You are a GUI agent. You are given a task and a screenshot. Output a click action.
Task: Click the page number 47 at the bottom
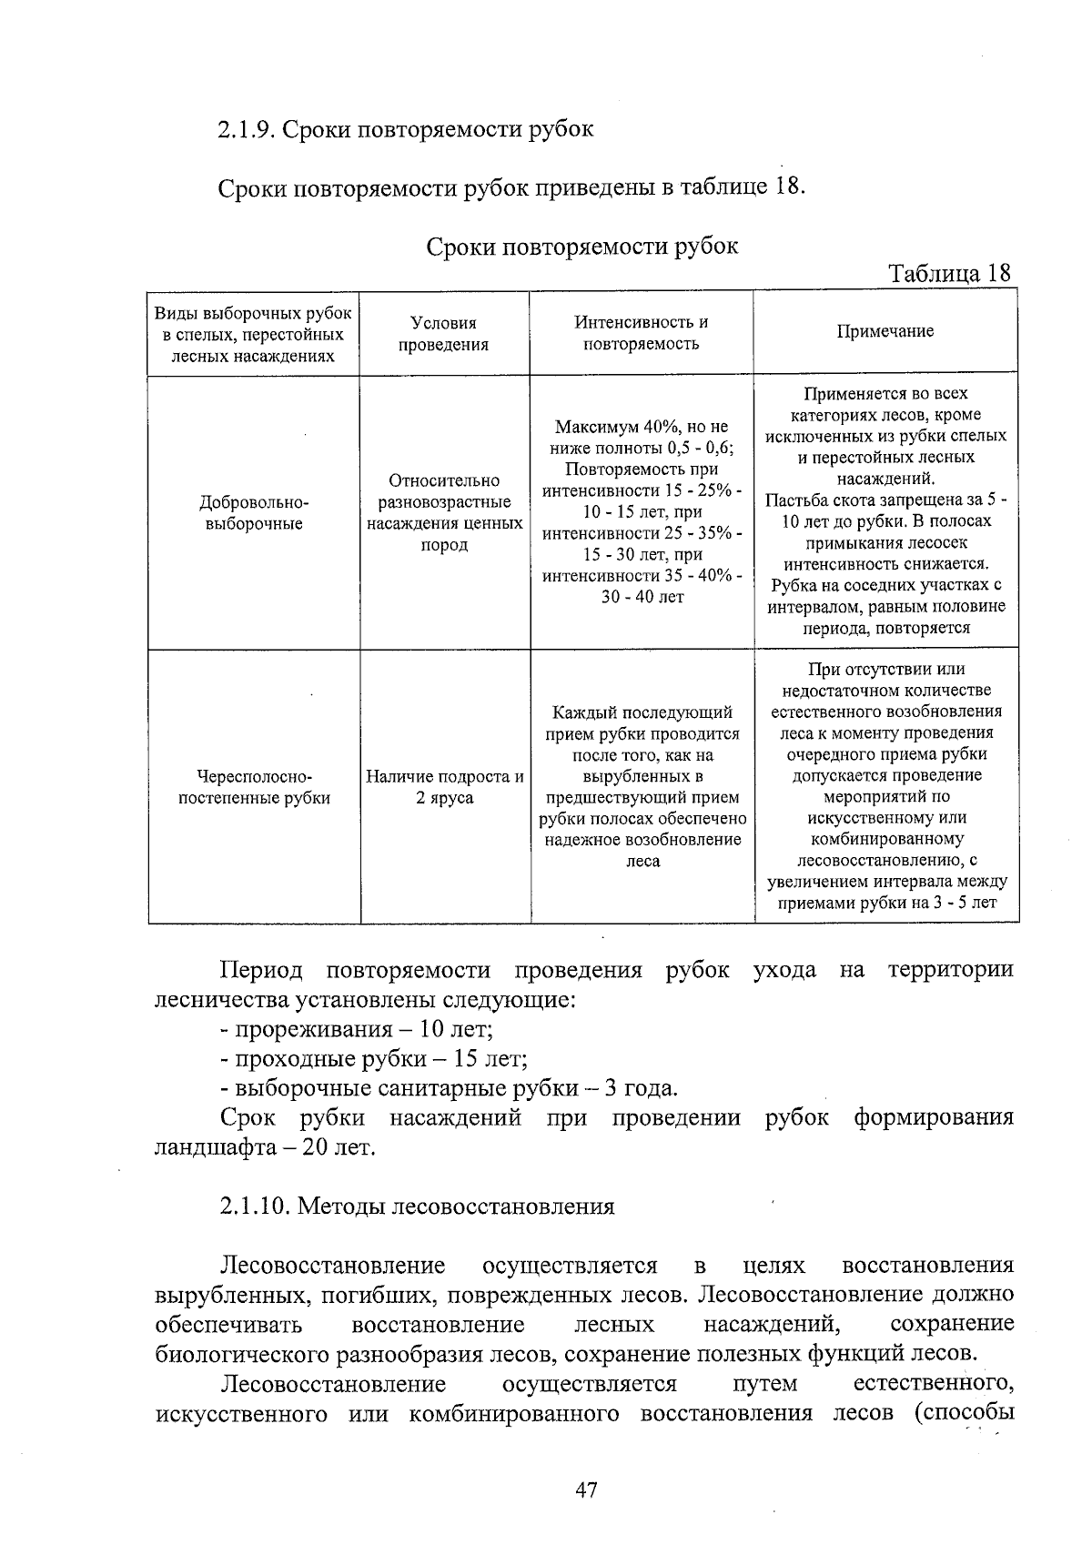pyautogui.click(x=586, y=1489)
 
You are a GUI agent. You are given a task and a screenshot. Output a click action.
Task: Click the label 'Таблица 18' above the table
pyautogui.click(x=949, y=273)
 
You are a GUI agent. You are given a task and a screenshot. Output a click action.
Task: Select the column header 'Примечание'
pyautogui.click(x=885, y=331)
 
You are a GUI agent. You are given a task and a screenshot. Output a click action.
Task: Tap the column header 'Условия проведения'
pyautogui.click(x=444, y=333)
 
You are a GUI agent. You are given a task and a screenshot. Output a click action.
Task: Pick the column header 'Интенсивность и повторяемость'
pyautogui.click(x=641, y=332)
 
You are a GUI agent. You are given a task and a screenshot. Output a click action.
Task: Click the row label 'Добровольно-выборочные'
pyautogui.click(x=254, y=512)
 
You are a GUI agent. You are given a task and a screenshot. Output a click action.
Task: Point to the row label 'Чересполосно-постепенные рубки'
pyautogui.click(x=254, y=787)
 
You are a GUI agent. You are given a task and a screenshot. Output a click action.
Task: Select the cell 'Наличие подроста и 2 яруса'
pyautogui.click(x=444, y=787)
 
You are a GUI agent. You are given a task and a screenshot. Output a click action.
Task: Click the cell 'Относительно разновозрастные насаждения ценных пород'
pyautogui.click(x=444, y=512)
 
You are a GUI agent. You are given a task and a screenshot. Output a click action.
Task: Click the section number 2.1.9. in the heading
pyautogui.click(x=246, y=129)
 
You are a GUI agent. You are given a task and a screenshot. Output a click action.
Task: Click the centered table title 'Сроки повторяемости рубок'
pyautogui.click(x=582, y=246)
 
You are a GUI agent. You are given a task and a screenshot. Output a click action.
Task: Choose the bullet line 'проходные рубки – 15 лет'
pyautogui.click(x=374, y=1059)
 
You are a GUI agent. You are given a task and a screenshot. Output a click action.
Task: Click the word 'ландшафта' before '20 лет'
pyautogui.click(x=213, y=1147)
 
